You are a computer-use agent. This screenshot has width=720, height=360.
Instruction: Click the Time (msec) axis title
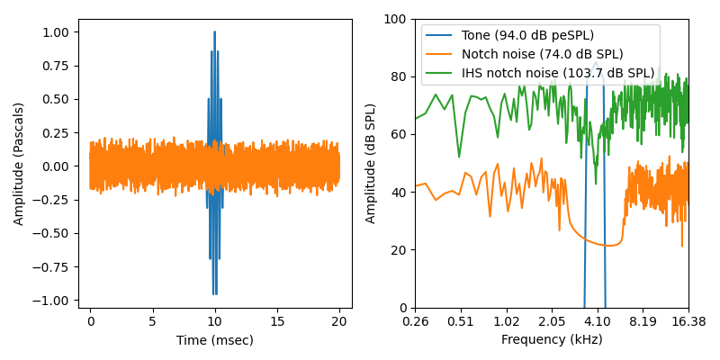tap(214, 340)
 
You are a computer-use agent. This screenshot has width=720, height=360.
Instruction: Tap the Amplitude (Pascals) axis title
tap(19, 163)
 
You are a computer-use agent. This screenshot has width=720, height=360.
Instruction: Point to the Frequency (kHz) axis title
tap(552, 340)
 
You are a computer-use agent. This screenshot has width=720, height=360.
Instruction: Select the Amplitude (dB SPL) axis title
tap(371, 163)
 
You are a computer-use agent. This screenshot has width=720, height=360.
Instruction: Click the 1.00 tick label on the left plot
tap(55, 32)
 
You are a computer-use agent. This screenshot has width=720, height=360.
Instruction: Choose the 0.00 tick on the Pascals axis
tap(55, 166)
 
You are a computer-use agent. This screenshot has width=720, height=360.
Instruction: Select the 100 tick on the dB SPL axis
tap(395, 19)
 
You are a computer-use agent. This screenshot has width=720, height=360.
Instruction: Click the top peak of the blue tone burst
tap(214, 32)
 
